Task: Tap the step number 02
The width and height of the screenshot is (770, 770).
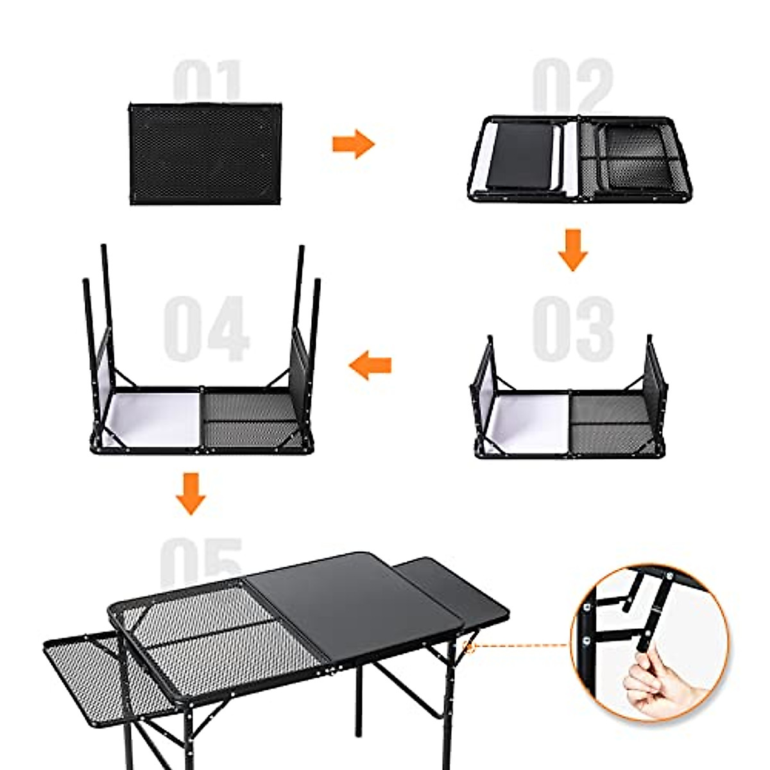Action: tap(572, 87)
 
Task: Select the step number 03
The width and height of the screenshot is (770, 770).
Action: tap(572, 327)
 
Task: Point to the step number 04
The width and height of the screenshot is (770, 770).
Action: tap(205, 329)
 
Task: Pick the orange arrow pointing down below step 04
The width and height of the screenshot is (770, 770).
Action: tap(191, 493)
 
